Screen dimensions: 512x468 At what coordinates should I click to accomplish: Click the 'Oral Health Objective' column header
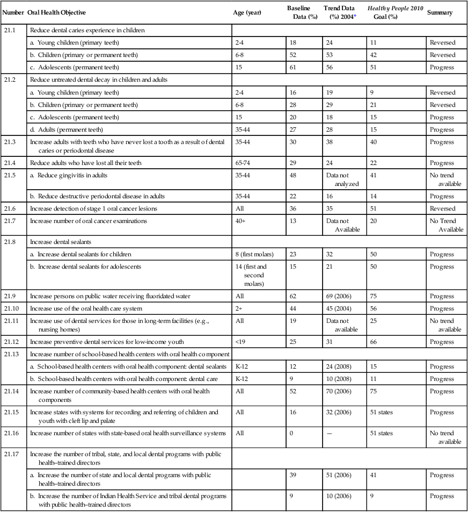(56, 12)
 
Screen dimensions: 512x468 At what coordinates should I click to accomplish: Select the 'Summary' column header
(440, 12)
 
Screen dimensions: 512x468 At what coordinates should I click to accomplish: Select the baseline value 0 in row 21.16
(290, 433)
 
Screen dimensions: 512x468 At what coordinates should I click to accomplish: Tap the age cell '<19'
(239, 342)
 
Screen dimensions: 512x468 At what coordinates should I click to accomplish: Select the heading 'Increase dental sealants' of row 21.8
(60, 241)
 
